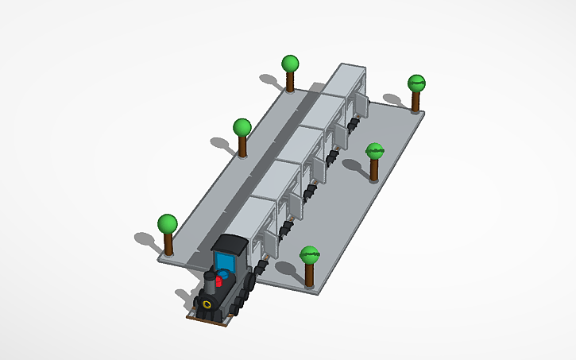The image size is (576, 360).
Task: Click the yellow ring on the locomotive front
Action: pyautogui.click(x=207, y=304)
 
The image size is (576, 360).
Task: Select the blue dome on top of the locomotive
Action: pyautogui.click(x=224, y=273)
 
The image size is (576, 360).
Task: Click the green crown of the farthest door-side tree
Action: pyautogui.click(x=416, y=83)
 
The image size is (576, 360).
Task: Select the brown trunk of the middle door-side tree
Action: pyautogui.click(x=375, y=168)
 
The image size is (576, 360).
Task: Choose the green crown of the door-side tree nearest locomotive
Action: pyautogui.click(x=310, y=255)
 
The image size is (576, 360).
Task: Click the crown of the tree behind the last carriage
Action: pyautogui.click(x=291, y=64)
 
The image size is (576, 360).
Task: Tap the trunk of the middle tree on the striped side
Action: pyautogui.click(x=242, y=146)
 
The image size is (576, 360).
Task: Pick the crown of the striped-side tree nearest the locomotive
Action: pyautogui.click(x=167, y=223)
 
